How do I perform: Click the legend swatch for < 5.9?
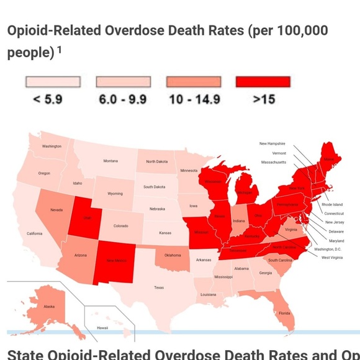click(x=53, y=82)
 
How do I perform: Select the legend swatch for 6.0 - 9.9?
click(x=123, y=82)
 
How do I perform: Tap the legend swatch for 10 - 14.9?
click(x=194, y=82)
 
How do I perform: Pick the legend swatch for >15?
click(x=263, y=82)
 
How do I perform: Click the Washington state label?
click(x=52, y=146)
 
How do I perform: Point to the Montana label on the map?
click(x=110, y=161)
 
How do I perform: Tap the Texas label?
click(x=159, y=287)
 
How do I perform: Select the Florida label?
click(x=284, y=313)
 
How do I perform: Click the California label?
click(x=35, y=233)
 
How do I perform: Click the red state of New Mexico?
click(x=116, y=261)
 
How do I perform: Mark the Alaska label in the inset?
click(x=49, y=306)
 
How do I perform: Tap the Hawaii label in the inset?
click(x=102, y=328)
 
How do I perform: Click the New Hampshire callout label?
click(x=272, y=143)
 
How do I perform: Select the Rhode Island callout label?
click(x=332, y=204)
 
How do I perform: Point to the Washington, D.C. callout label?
click(x=328, y=249)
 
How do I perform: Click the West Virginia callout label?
click(x=331, y=257)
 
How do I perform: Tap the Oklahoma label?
click(x=173, y=255)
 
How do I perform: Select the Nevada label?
click(x=56, y=210)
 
